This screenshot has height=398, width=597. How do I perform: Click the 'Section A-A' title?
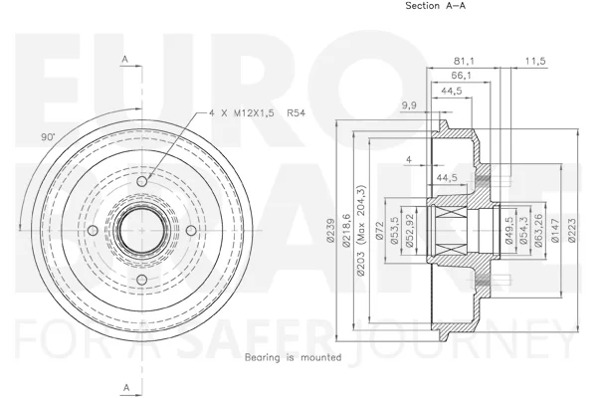(x=435, y=6)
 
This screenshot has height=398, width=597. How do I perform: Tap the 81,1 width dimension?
(x=464, y=61)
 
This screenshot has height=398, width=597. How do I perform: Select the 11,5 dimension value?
(x=535, y=61)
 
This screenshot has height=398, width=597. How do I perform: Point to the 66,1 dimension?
(x=461, y=76)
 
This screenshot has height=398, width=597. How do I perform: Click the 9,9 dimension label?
(x=409, y=105)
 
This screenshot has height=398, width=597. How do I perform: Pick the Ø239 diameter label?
(x=330, y=230)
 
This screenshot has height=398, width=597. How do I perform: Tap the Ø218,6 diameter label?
(x=346, y=230)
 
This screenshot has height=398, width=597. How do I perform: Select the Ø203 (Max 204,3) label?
(x=360, y=230)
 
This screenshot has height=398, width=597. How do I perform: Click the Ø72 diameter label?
(x=379, y=231)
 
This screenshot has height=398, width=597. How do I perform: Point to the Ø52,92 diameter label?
(x=410, y=231)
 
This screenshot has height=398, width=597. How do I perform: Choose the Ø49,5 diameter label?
(x=509, y=230)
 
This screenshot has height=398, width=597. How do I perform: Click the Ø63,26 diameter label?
(x=538, y=230)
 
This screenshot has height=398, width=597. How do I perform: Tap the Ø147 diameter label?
(x=555, y=230)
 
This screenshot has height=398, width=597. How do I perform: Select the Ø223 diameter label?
(x=572, y=230)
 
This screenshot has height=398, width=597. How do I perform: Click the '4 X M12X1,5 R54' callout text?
(x=257, y=112)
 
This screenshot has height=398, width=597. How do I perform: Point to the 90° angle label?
(x=48, y=137)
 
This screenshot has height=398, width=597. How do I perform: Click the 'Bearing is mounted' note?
(x=293, y=357)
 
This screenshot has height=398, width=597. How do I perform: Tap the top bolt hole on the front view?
(x=141, y=181)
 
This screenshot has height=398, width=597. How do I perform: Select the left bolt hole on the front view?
(x=93, y=231)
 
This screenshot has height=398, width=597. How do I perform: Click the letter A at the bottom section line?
(x=126, y=388)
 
